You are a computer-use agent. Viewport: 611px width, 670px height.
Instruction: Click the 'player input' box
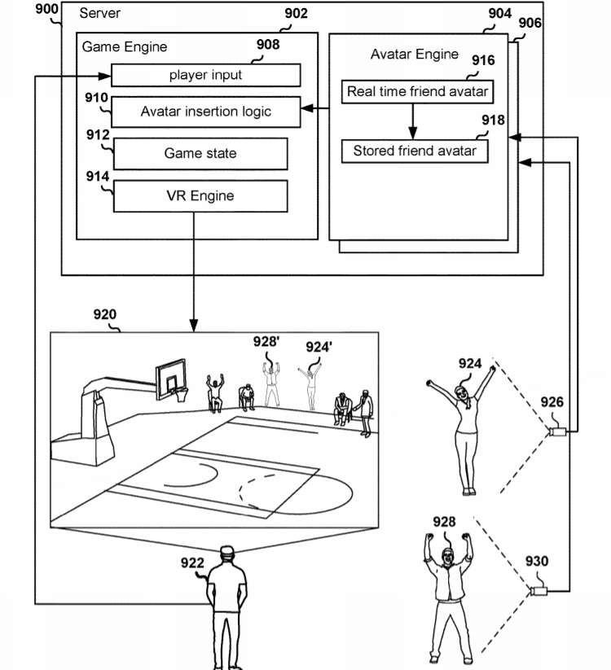(205, 75)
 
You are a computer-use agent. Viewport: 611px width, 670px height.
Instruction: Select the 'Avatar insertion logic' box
(205, 112)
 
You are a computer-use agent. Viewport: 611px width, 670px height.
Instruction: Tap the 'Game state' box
(200, 153)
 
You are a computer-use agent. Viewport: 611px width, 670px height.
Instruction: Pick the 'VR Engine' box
(200, 196)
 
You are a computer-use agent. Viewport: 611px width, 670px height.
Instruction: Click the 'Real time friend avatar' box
(417, 91)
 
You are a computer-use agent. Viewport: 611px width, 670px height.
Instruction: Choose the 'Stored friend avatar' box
(415, 151)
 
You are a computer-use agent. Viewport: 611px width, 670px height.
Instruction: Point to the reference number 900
(46, 8)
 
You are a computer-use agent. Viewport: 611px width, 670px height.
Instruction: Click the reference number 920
(105, 314)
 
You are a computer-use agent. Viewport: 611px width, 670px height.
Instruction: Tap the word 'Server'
(99, 13)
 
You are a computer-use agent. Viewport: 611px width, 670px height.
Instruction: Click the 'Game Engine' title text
(125, 46)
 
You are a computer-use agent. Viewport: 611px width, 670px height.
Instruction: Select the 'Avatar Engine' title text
(415, 55)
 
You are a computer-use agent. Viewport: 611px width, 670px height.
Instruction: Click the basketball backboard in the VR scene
(171, 379)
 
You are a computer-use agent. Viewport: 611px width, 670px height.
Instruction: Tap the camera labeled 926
(557, 431)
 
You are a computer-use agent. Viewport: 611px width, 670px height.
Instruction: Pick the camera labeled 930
(538, 591)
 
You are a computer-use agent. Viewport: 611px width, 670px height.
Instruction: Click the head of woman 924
(462, 392)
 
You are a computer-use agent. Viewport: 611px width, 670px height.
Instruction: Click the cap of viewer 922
(227, 550)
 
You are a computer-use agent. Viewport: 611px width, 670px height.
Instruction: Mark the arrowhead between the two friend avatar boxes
(412, 133)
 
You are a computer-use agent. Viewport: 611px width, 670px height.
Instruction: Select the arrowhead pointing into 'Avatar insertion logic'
(307, 108)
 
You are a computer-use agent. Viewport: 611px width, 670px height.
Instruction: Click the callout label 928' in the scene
(266, 342)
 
